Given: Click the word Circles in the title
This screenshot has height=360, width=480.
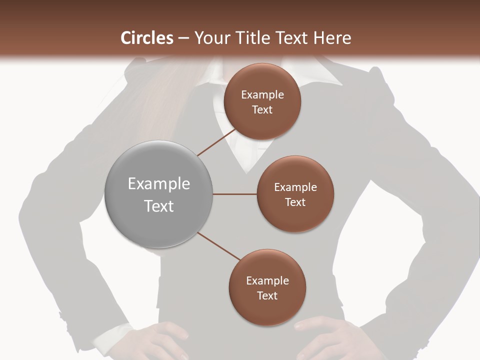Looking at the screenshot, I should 147,38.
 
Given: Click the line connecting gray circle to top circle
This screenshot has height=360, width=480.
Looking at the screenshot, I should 216,142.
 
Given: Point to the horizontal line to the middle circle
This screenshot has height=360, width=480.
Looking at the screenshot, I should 235,194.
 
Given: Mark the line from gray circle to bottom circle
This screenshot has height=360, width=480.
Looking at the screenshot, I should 219,246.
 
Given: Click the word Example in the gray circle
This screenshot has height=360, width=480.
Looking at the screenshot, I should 159,184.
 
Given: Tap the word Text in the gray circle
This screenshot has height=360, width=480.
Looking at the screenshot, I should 159,206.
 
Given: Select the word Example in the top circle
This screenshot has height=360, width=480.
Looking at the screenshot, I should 262,95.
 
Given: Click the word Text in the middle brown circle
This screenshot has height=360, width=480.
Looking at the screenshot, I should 295,202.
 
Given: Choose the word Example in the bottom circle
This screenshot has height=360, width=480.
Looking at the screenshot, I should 267,281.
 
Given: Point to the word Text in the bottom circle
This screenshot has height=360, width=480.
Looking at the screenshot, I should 267,296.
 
